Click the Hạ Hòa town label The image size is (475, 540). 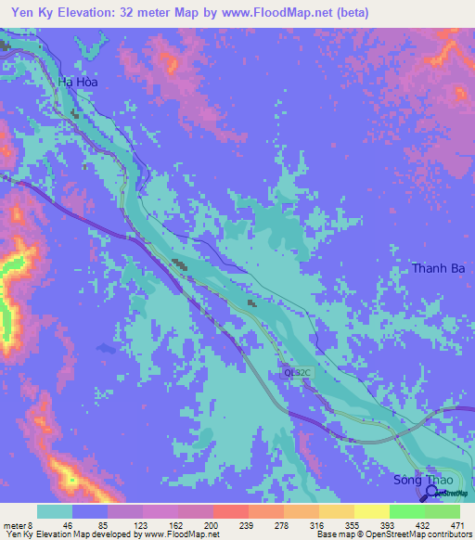pyautogui.click(x=78, y=82)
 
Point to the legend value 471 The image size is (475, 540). pyautogui.click(x=454, y=524)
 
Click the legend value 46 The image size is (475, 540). pyautogui.click(x=67, y=524)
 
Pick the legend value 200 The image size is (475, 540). pyautogui.click(x=211, y=524)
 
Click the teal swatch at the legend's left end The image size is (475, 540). pyautogui.click(x=55, y=511)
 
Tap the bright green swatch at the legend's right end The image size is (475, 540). pyautogui.click(x=442, y=511)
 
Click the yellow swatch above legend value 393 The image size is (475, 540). pyautogui.click(x=371, y=511)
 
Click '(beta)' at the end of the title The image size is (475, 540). pyautogui.click(x=351, y=12)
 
